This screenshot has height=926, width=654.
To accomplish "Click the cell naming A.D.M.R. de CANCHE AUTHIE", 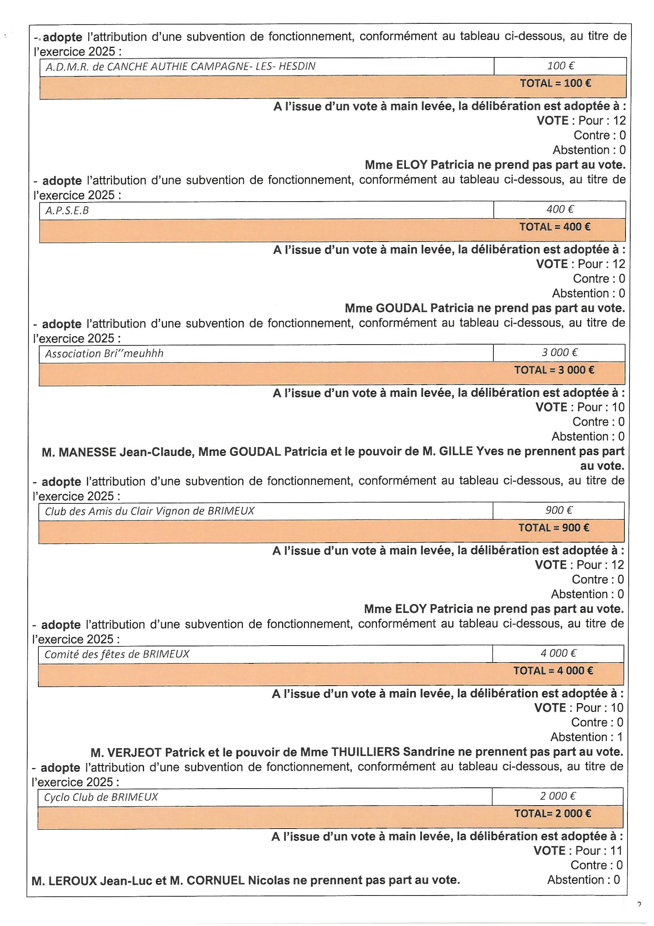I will click(x=180, y=67).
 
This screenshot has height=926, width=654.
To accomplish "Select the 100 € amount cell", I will click(x=560, y=66).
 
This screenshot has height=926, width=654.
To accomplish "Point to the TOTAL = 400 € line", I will click(x=555, y=227).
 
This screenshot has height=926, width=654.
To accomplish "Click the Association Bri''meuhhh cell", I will click(x=104, y=354).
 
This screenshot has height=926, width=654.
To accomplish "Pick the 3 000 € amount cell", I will click(x=559, y=353).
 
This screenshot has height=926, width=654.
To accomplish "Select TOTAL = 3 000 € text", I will click(x=554, y=370).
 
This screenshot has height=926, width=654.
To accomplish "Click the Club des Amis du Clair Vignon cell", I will click(x=150, y=511).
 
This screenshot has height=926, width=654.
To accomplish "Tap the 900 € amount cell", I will click(x=559, y=511).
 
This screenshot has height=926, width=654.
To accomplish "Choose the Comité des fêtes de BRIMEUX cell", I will click(x=117, y=654).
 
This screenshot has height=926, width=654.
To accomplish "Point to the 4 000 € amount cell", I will click(x=558, y=654).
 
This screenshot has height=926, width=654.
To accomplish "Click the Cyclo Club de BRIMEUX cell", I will click(x=101, y=797).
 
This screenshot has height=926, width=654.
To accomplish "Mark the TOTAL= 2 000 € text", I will click(x=553, y=814).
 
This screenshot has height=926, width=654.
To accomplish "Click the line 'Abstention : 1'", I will click(x=587, y=737).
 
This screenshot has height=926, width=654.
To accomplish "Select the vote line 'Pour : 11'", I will click(x=599, y=851).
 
